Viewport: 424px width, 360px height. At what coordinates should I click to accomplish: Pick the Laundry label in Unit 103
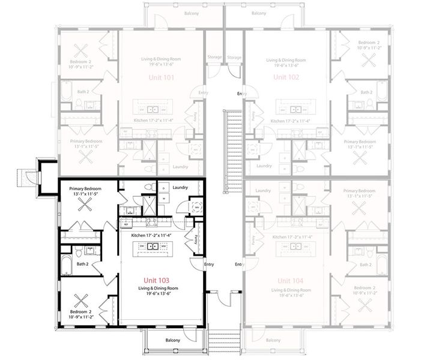pos(180,188)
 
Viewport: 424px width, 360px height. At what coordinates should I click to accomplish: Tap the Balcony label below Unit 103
pos(173,340)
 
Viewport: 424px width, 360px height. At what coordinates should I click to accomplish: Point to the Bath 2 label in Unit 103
pos(83,263)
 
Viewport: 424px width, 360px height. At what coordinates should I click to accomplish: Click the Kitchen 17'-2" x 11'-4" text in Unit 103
pos(151,235)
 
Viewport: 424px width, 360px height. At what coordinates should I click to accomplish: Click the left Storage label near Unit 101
pos(215,58)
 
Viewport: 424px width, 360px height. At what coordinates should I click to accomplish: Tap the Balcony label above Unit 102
pos(259,13)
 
